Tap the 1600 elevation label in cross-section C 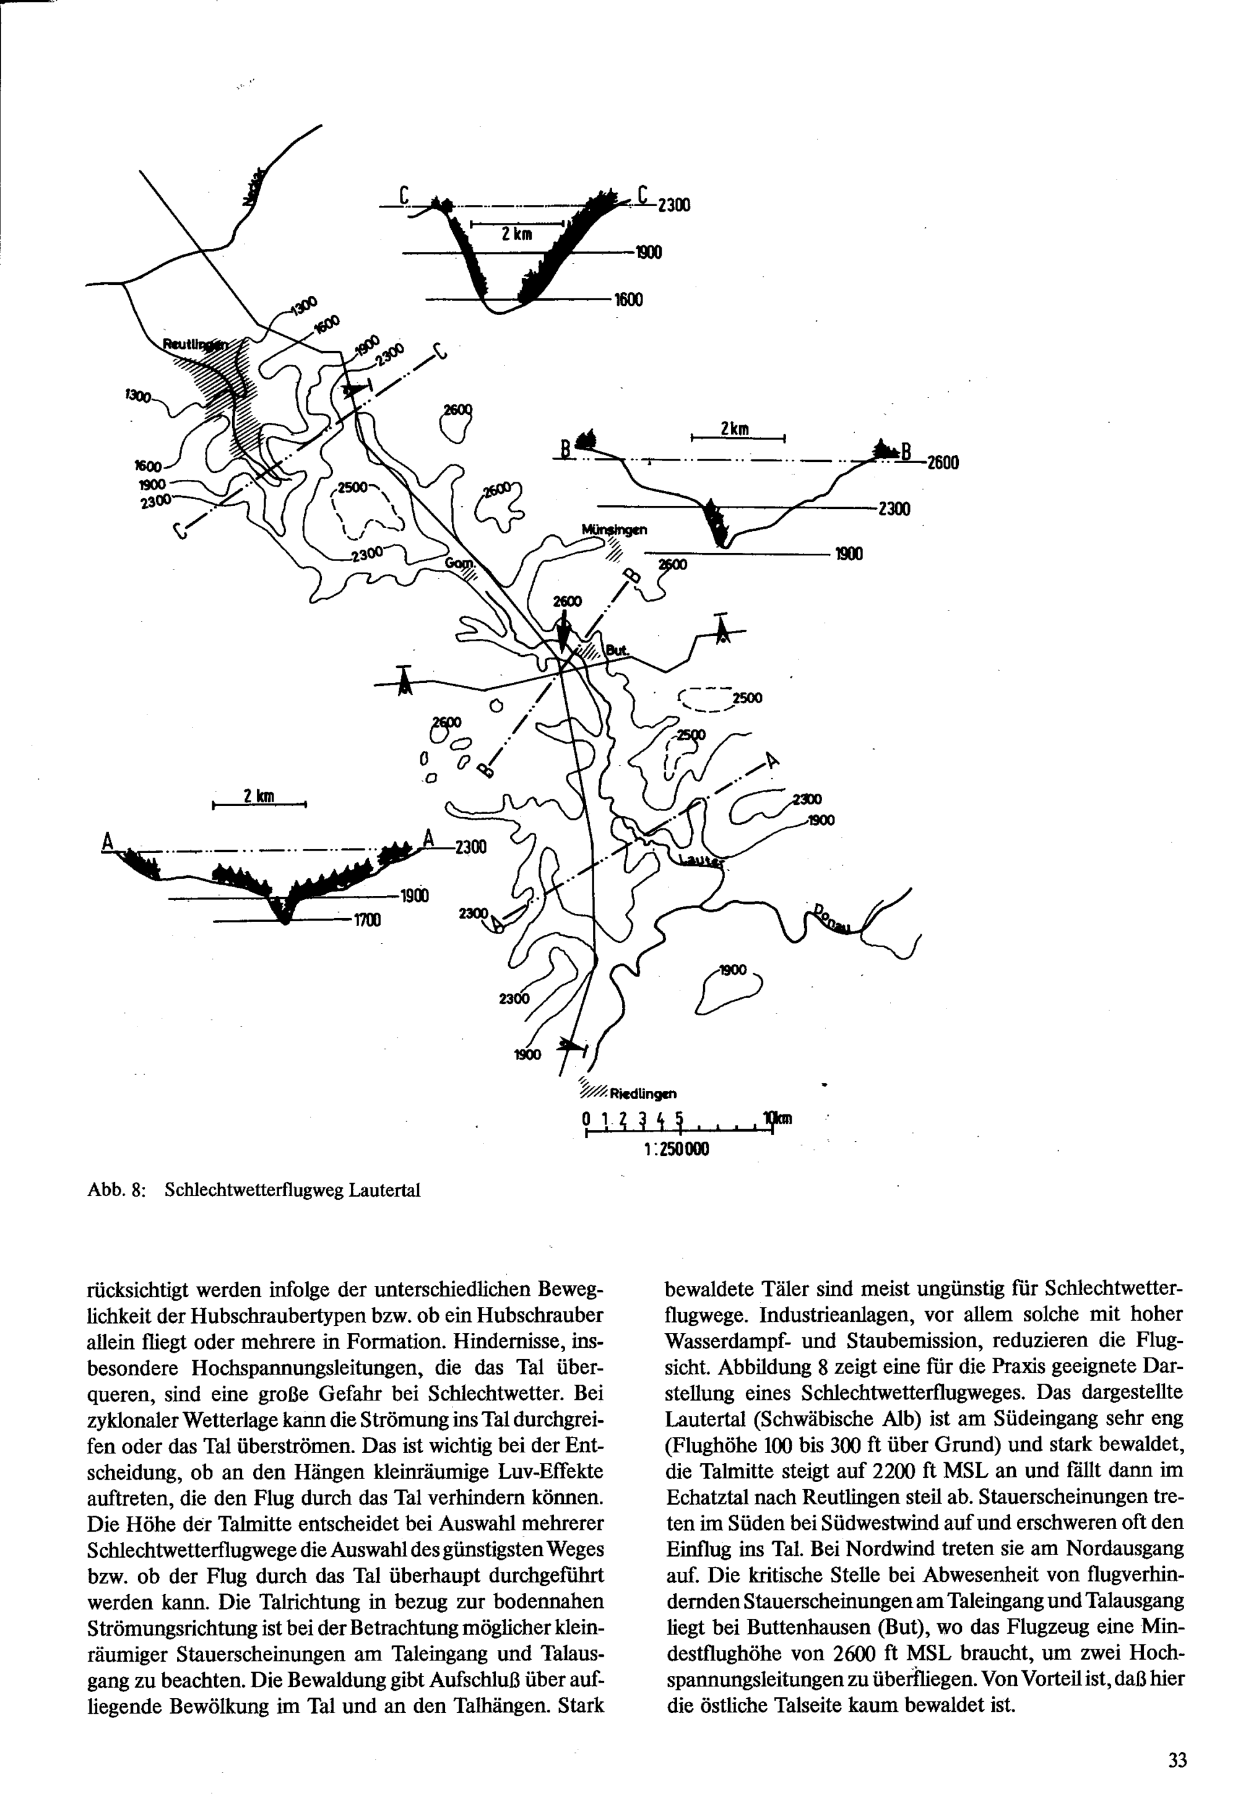(628, 300)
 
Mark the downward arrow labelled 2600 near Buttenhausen (564, 628)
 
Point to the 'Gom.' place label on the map (457, 563)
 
